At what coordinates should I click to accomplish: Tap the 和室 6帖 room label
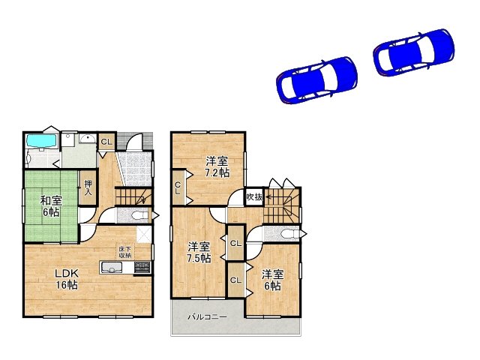coord(51,205)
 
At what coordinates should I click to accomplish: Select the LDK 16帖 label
coord(66,279)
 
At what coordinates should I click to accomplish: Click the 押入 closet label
coord(88,187)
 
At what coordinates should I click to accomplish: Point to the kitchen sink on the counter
coord(113,268)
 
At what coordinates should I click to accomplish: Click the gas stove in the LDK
coord(142,268)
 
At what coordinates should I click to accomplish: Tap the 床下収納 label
coord(124,253)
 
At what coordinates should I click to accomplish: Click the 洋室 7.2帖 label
coord(217,166)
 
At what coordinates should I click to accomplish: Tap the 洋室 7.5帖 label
coord(199,252)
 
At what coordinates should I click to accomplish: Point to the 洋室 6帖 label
coord(272,280)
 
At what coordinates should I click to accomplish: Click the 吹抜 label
coord(254,197)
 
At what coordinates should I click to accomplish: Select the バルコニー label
coord(207,317)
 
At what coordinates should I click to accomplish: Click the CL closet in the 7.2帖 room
coord(178,187)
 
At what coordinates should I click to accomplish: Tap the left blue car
coord(316,79)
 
